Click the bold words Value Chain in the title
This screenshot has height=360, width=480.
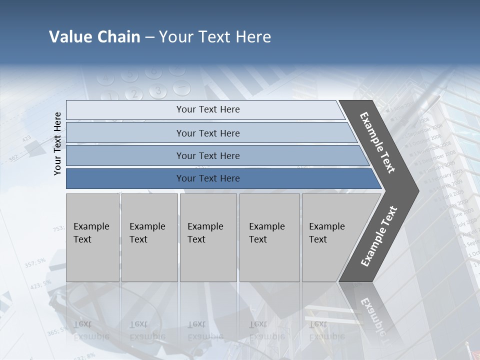coord(94,37)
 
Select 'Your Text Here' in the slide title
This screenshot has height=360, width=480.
coord(215,37)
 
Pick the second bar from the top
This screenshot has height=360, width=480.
coord(207,133)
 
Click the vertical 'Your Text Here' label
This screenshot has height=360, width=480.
coord(57,143)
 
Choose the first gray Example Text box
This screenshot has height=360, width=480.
coord(92,237)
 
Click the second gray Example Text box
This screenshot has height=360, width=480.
coord(149,237)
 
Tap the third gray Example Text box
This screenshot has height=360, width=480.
coord(208,237)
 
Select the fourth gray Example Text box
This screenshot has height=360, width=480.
coord(269,237)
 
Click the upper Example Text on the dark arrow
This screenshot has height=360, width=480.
coord(377,142)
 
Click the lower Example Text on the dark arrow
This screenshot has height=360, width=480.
coord(378,236)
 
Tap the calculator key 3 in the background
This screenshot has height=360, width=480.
coord(158,91)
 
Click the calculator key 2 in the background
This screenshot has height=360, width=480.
coord(133,93)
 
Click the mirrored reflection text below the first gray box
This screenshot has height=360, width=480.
coord(90,330)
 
